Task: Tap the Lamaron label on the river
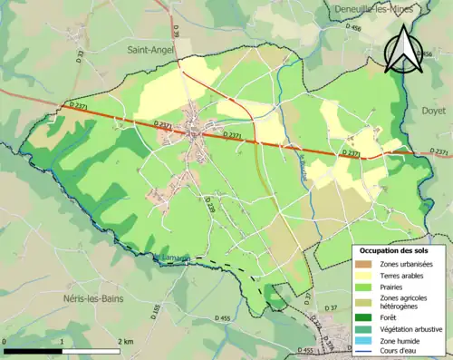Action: click(172, 258)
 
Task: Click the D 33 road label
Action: click(81, 58)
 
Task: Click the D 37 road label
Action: click(331, 309)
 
